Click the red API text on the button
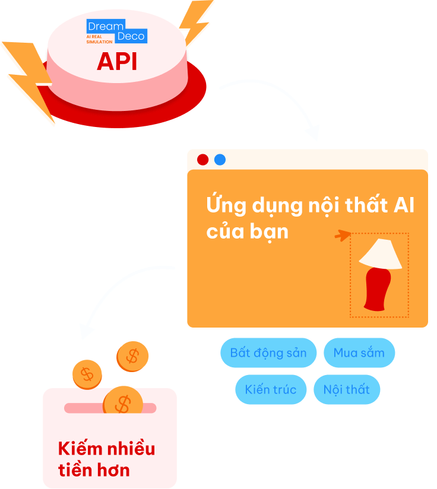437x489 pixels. point(117,61)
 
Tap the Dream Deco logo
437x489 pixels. point(116,31)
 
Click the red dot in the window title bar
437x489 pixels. point(202,160)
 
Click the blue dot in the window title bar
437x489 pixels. point(220,160)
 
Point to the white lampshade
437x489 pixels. point(381,254)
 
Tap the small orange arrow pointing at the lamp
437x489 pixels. point(342,236)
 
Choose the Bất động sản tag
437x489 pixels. point(268,353)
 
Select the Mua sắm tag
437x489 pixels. point(359,353)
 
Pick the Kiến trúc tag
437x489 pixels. point(271,390)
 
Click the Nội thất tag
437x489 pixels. point(347,390)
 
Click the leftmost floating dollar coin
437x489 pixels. point(87,374)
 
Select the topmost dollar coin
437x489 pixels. point(132,356)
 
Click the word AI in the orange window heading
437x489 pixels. point(403,206)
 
